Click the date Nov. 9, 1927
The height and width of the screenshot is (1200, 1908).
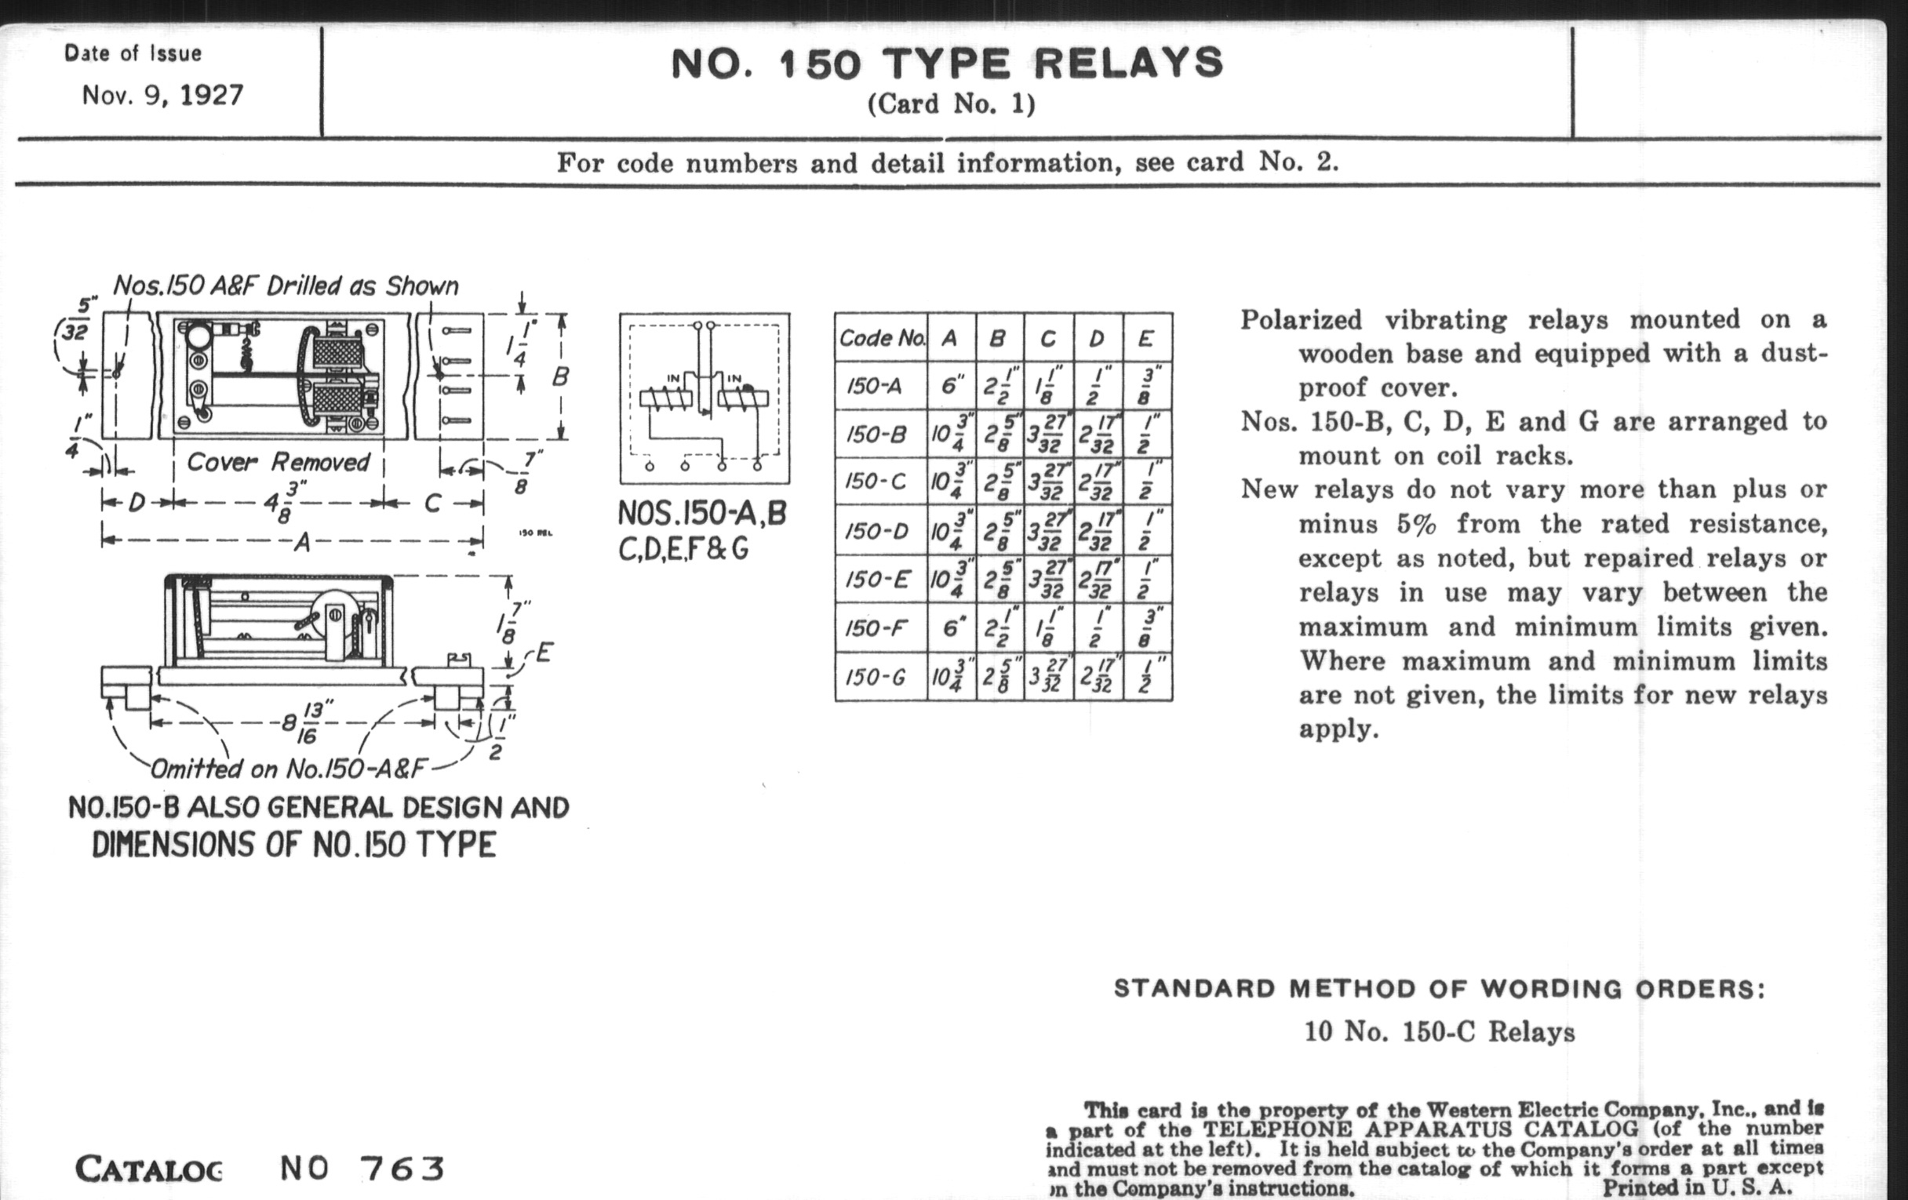pos(162,96)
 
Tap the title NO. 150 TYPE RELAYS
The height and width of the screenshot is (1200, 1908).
pos(948,64)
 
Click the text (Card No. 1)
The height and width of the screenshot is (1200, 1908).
pos(951,104)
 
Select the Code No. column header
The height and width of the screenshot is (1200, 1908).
pos(882,338)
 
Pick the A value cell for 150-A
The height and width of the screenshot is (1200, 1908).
pos(952,386)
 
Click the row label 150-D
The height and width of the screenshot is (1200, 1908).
pos(878,530)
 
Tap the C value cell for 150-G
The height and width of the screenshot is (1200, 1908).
pos(1048,677)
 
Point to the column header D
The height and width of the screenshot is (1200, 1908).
pos(1098,339)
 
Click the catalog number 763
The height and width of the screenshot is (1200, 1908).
pos(402,1169)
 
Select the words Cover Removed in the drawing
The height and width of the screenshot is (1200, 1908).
pos(278,462)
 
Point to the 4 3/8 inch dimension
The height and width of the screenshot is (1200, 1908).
pos(282,501)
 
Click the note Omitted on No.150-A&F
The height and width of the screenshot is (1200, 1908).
pos(289,768)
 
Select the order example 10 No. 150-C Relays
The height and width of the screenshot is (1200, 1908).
pos(1440,1031)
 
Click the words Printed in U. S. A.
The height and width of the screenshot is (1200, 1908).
pos(1697,1187)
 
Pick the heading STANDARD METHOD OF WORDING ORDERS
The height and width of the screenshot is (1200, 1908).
pos(1440,988)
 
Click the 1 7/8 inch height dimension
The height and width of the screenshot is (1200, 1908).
pos(512,623)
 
